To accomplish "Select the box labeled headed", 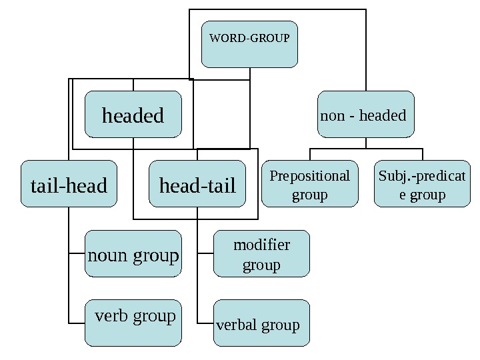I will (x=133, y=115).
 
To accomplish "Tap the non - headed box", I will (x=365, y=115).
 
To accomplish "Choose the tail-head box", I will (x=69, y=184).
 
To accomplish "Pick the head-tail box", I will (x=197, y=184).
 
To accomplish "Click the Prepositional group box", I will (x=309, y=184).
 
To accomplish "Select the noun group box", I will (x=133, y=254).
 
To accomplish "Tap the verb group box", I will (x=133, y=323).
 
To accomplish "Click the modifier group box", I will (x=261, y=254).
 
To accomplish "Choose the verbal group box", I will (x=261, y=323).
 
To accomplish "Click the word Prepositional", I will (x=309, y=176).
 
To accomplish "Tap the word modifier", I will (x=261, y=245).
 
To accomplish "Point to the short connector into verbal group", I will (x=206, y=323).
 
